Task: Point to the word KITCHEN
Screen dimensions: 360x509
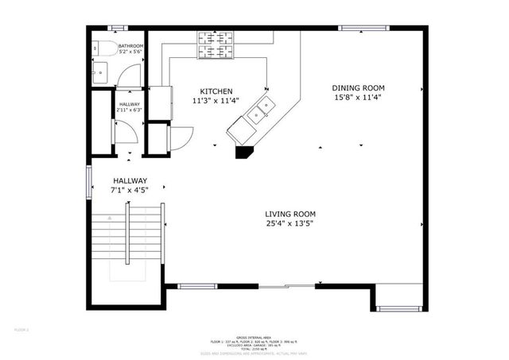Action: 216,91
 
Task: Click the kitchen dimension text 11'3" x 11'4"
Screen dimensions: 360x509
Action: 216,102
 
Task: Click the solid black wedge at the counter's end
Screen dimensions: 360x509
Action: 243,150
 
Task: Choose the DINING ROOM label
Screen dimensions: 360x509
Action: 358,87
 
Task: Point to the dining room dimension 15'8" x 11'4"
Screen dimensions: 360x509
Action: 358,98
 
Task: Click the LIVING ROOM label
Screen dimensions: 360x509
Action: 290,214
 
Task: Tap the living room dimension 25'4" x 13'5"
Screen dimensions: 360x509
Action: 290,224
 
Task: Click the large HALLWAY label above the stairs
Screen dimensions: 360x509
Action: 130,180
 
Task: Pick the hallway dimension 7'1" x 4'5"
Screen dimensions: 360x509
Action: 130,191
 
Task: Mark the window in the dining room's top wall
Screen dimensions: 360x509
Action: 365,29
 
